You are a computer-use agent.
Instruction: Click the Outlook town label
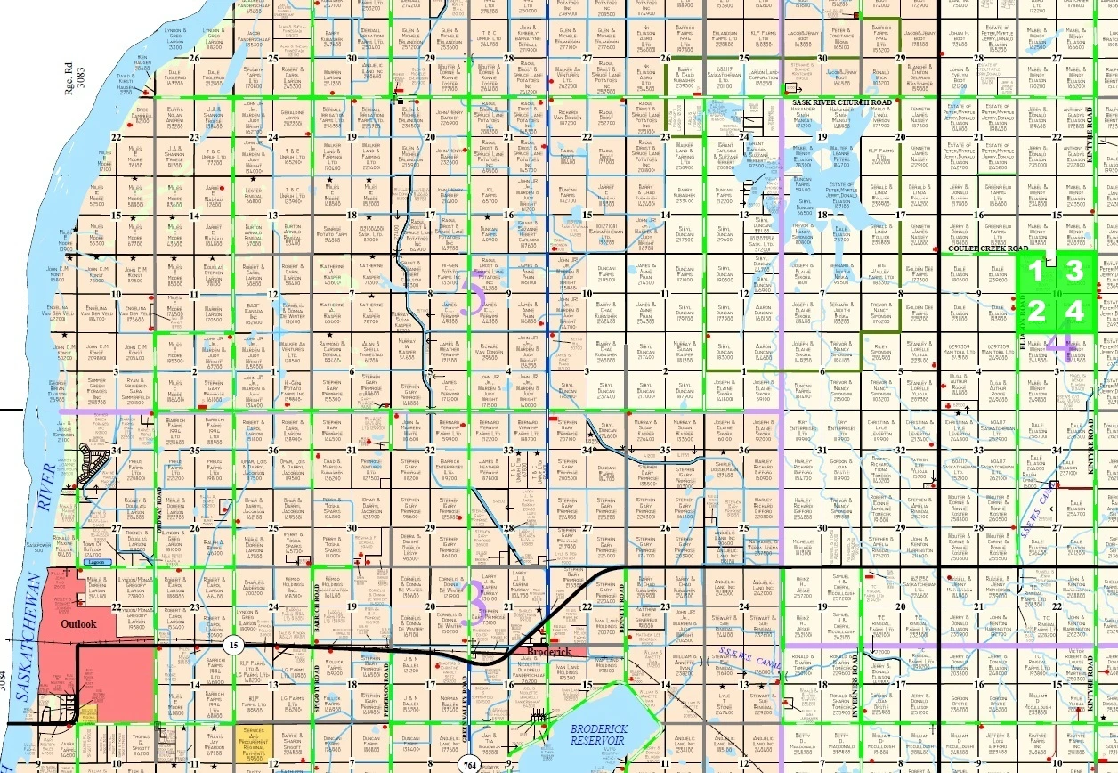tap(78, 624)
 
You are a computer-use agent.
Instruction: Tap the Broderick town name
tap(547, 652)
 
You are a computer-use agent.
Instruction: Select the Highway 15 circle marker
tap(233, 645)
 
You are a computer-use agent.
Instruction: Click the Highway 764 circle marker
tap(470, 764)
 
